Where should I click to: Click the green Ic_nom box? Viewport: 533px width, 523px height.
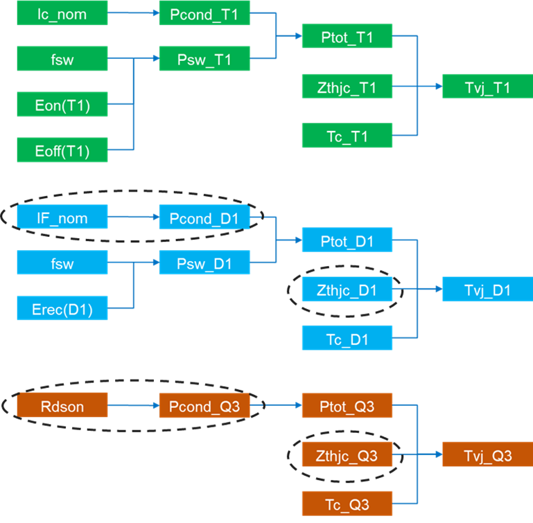[x=62, y=13]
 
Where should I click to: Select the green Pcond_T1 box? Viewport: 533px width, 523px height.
[x=204, y=13]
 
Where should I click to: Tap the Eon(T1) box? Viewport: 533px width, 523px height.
[x=62, y=105]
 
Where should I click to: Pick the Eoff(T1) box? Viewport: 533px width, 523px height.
[x=62, y=150]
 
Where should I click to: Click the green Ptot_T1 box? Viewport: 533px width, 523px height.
[x=347, y=36]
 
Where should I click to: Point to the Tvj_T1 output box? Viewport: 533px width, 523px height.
[x=487, y=87]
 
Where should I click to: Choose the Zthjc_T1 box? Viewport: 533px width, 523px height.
[x=347, y=87]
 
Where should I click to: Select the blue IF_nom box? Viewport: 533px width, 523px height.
[x=62, y=218]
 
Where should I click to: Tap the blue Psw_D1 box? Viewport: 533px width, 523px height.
[x=204, y=263]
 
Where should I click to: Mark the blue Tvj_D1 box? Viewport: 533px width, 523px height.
[x=487, y=290]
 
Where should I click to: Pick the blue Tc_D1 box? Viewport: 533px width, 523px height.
[x=347, y=338]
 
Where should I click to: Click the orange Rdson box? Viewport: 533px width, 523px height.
[x=62, y=405]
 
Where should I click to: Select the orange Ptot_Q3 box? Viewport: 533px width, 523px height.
[x=347, y=405]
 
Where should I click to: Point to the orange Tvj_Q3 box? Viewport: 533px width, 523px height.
[x=487, y=454]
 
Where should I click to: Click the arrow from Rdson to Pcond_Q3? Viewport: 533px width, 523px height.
[x=133, y=405]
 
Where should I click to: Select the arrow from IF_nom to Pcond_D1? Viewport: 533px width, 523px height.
[x=133, y=218]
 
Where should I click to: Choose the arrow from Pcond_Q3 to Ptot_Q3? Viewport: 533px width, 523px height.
[x=276, y=405]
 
